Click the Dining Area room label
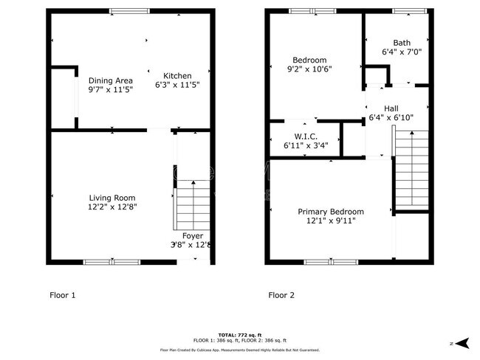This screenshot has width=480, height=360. (x=111, y=80)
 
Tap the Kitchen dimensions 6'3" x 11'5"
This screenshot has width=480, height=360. (x=177, y=86)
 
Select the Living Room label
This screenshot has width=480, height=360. (x=112, y=197)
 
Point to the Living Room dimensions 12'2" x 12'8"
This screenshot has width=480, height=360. (x=112, y=207)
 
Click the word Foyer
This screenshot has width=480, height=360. (x=193, y=236)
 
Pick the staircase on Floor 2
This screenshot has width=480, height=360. (x=411, y=170)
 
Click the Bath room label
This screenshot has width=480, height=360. (x=402, y=43)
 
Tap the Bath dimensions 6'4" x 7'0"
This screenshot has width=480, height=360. (x=402, y=52)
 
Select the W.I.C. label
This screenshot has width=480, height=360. (x=305, y=136)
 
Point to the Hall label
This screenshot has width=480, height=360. (x=391, y=108)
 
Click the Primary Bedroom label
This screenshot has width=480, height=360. (x=331, y=212)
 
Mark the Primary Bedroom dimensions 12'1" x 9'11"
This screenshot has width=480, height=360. (x=331, y=221)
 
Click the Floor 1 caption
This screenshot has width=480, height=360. (x=62, y=295)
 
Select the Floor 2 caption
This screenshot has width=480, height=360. (x=281, y=295)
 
